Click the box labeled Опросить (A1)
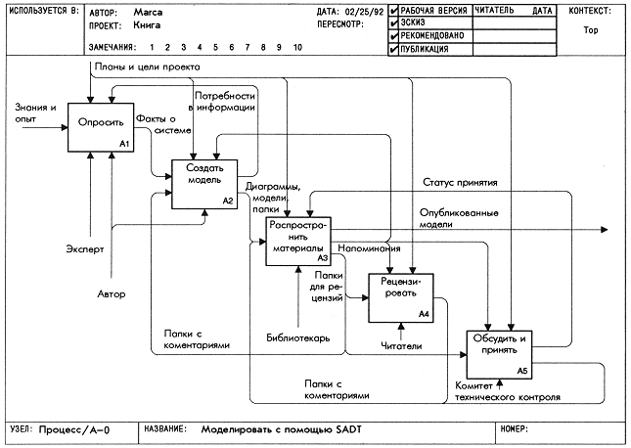[x=101, y=127]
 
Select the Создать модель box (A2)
[x=204, y=184]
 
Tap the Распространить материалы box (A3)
[x=298, y=241]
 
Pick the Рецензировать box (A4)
[x=401, y=298]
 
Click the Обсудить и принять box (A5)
[x=499, y=355]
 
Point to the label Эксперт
[x=85, y=249]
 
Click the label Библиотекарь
[x=298, y=338]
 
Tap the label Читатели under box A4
[x=401, y=345]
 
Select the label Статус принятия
[x=460, y=183]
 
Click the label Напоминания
[x=369, y=248]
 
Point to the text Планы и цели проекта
[x=148, y=67]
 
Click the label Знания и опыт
[x=35, y=113]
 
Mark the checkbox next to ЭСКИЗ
[x=394, y=22]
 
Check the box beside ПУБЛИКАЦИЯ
[x=394, y=50]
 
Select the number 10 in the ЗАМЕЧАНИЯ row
[x=297, y=47]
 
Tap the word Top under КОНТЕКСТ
[x=591, y=30]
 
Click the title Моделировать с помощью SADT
[x=282, y=429]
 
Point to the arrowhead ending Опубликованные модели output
[x=604, y=230]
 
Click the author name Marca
[x=148, y=13]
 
